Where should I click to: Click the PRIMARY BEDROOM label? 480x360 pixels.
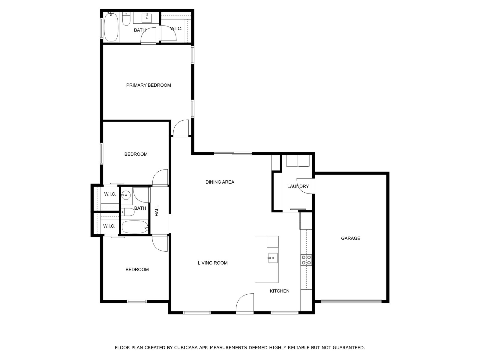click(148, 85)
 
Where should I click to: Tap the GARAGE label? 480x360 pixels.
click(350, 238)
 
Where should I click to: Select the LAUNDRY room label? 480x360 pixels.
click(298, 186)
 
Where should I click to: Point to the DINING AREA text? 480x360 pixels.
click(220, 182)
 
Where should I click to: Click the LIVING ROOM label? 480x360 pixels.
click(213, 263)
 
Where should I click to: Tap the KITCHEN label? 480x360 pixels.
click(280, 291)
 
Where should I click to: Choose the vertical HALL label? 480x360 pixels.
click(157, 211)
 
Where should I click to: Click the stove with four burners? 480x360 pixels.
click(306, 260)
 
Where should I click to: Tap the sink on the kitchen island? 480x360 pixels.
click(273, 258)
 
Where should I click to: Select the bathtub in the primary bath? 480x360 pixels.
click(111, 27)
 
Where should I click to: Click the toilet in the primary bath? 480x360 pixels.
click(126, 19)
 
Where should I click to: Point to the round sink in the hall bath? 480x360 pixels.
click(126, 195)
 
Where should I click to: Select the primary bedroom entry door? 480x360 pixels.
click(181, 128)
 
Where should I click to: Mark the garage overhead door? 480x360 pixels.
click(351, 301)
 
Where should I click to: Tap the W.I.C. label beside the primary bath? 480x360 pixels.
click(176, 28)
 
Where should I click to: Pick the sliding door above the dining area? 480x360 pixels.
click(233, 153)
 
